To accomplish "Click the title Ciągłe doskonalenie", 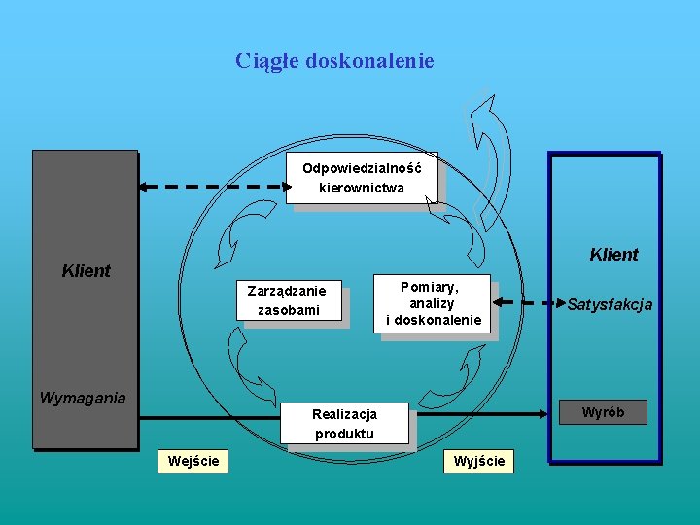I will point(334,61).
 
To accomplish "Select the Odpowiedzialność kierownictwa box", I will point(362,178).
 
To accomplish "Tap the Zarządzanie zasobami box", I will point(293,300).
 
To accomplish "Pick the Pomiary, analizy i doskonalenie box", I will point(434,303).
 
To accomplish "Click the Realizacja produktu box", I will point(344,424).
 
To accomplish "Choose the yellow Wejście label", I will point(193,460).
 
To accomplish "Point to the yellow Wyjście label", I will point(479,461).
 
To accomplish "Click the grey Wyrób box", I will point(603,412).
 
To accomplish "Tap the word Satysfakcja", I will point(610,305).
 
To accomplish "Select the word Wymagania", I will point(83,398).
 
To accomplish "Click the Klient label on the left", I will point(86,271).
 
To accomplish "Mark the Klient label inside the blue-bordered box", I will point(613,255).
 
